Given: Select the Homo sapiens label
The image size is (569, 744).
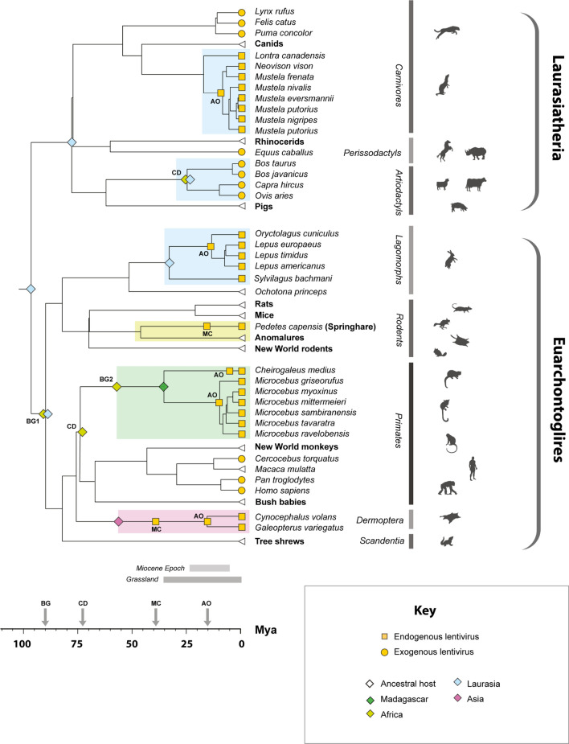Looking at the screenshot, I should pyautogui.click(x=277, y=490).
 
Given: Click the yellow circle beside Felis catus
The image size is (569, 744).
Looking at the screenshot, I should pyautogui.click(x=241, y=23).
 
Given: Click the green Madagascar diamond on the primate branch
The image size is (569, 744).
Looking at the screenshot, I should pyautogui.click(x=164, y=388).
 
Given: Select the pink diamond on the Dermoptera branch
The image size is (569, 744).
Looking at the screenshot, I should pyautogui.click(x=118, y=521).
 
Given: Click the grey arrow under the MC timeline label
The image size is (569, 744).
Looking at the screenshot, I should pyautogui.click(x=156, y=616).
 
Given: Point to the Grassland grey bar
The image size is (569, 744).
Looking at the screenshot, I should pyautogui.click(x=202, y=579).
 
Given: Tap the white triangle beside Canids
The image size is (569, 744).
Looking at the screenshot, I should pyautogui.click(x=241, y=44).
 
